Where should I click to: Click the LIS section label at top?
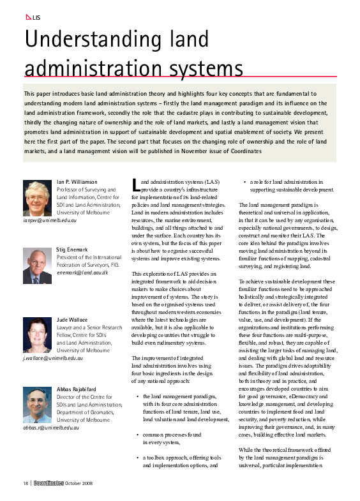coord(36,17)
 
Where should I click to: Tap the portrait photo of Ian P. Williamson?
coord(37,198)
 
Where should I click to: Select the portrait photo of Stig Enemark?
coord(37,266)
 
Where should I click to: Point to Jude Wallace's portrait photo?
coord(37,334)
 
